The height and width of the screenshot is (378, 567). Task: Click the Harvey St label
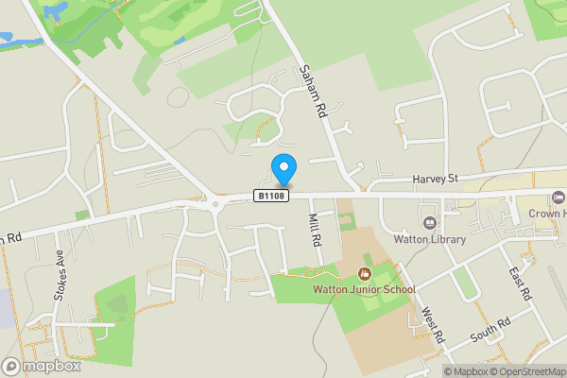[x=434, y=178]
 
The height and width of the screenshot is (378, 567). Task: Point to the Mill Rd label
[x=316, y=232]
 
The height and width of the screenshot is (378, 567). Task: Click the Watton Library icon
[x=431, y=223]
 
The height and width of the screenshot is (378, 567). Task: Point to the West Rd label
[x=432, y=326]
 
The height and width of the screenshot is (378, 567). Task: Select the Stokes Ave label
[x=60, y=275]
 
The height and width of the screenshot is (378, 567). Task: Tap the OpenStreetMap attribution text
[x=527, y=371]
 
